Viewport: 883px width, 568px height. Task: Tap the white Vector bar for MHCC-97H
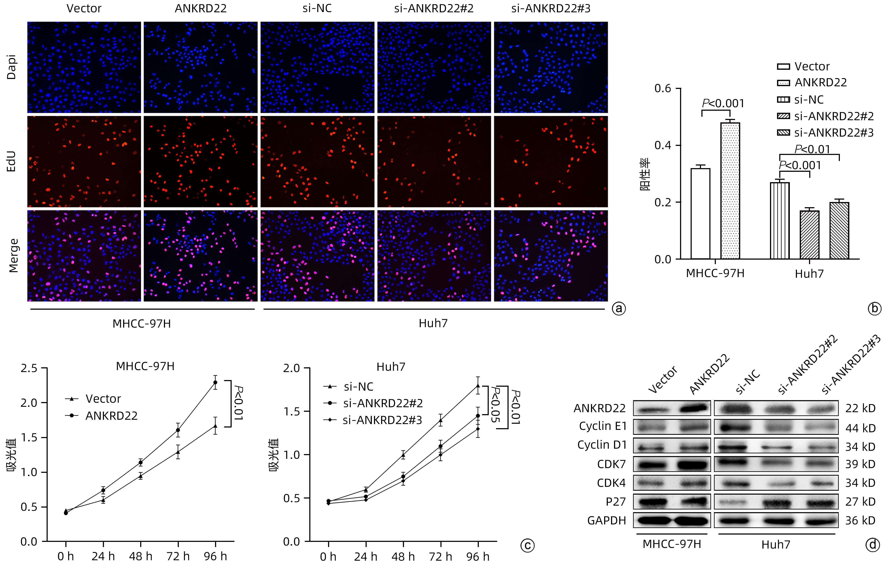pos(700,214)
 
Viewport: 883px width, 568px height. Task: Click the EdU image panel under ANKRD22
pos(201,162)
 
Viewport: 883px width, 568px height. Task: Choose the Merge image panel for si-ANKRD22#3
pos(551,256)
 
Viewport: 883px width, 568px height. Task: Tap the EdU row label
pos(12,162)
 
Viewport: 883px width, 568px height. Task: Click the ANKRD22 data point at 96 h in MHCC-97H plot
pos(215,382)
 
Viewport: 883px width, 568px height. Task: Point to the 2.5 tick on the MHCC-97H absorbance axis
pos(29,368)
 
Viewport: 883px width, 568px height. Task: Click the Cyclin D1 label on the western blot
pos(602,445)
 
